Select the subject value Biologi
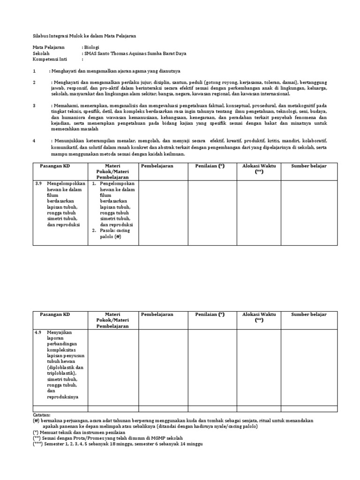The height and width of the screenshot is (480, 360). click(91, 47)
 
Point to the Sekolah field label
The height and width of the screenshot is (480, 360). click(41, 53)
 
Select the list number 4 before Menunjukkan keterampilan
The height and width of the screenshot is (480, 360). click(34, 141)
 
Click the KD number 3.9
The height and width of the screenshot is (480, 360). click(39, 184)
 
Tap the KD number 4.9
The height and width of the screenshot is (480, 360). click(39, 332)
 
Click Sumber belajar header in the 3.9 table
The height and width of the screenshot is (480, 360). click(308, 166)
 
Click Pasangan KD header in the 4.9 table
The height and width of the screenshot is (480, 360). click(55, 314)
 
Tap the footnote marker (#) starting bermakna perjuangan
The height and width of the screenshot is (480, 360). click(36, 421)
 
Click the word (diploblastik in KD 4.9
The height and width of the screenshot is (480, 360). click(61, 367)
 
